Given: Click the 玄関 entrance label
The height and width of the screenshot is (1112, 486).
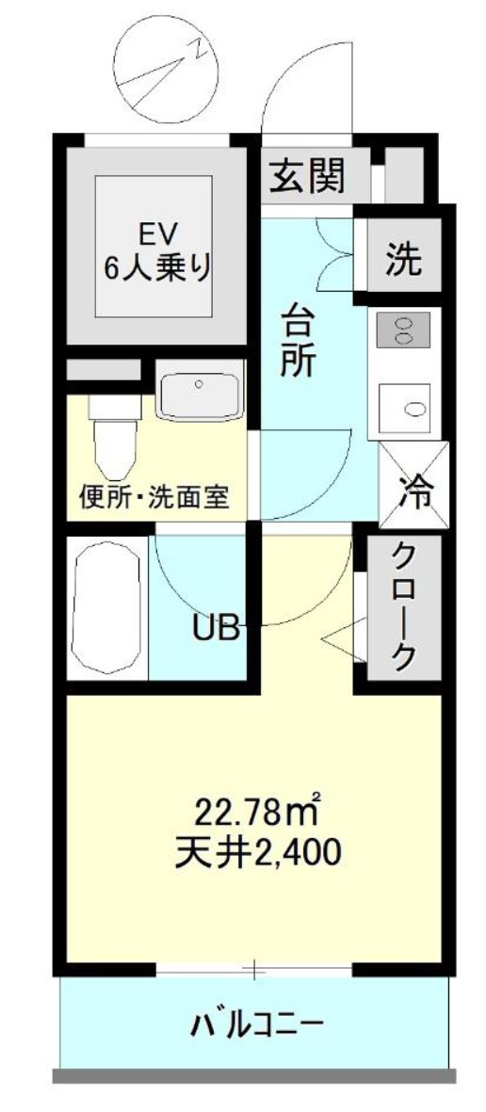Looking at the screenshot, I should click(308, 175).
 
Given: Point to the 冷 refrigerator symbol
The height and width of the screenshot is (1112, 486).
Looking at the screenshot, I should click(413, 489).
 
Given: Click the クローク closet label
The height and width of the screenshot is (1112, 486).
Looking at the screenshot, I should click(403, 606).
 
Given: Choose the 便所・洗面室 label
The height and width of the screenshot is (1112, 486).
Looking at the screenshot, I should click(154, 496).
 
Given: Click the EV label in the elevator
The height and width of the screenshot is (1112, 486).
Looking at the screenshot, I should click(155, 232).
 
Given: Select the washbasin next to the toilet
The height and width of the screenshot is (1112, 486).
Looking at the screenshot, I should click(199, 395).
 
